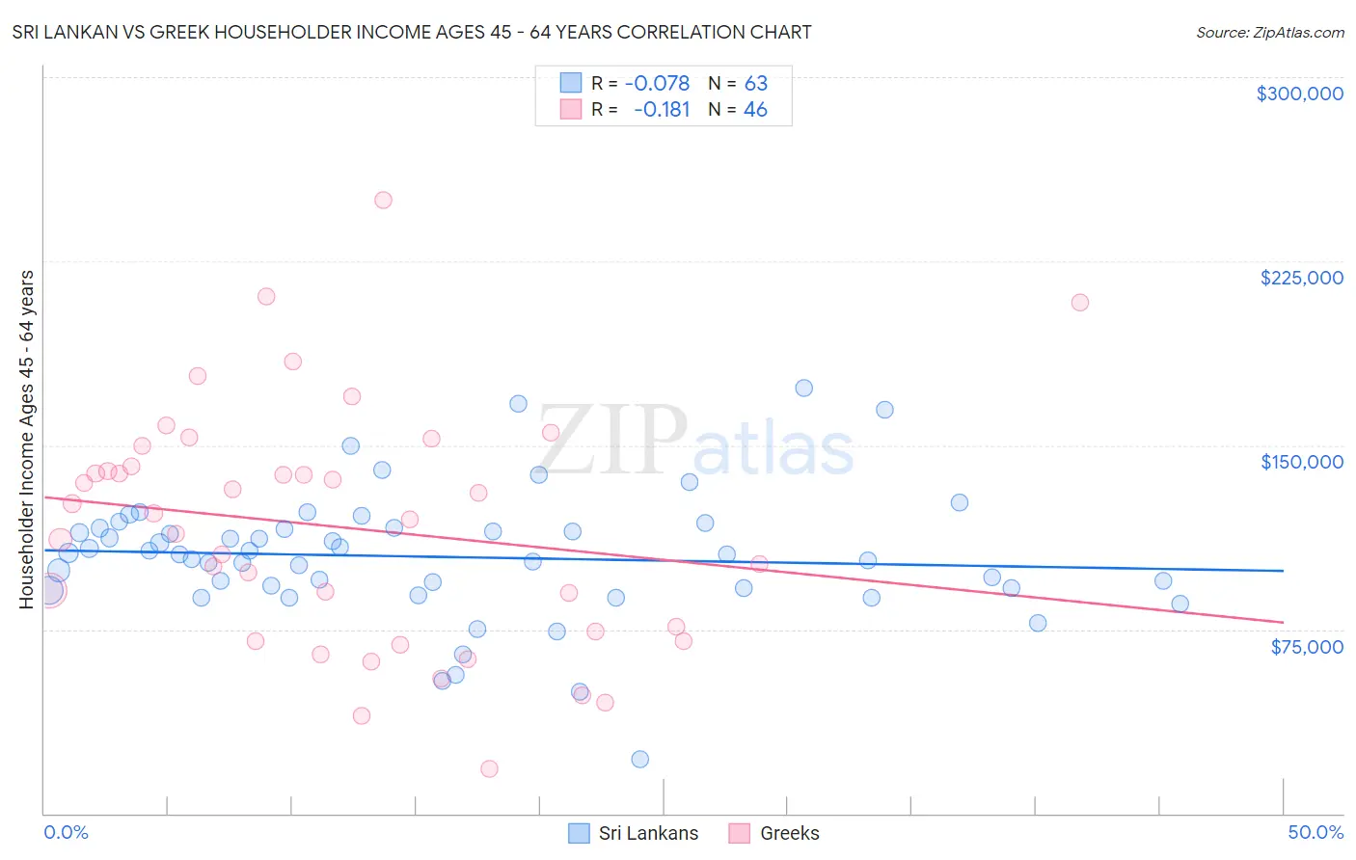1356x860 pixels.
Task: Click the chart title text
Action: (x=412, y=32)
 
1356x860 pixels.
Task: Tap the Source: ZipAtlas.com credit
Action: (x=1269, y=32)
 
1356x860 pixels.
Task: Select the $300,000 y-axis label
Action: (x=1299, y=94)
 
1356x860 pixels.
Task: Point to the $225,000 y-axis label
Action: (x=1301, y=278)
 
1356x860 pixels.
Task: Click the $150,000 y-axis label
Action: (x=1301, y=462)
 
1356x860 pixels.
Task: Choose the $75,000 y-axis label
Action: (x=1306, y=647)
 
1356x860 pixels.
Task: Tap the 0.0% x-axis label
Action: (x=66, y=832)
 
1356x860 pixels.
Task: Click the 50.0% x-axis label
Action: (x=1315, y=832)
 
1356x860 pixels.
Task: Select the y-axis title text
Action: (x=26, y=440)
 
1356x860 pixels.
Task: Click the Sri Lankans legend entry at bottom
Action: (x=634, y=833)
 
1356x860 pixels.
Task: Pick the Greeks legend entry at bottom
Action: (x=774, y=833)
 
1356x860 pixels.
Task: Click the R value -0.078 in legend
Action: (x=657, y=83)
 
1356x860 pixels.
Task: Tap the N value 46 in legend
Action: (x=755, y=110)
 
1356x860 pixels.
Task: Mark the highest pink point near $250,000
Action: (x=383, y=201)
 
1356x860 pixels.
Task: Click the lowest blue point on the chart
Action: (x=639, y=760)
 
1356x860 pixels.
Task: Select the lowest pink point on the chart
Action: (x=489, y=768)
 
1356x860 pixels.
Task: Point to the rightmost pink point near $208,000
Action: (x=1080, y=303)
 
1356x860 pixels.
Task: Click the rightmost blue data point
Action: (x=1180, y=605)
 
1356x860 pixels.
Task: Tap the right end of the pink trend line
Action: (x=1283, y=622)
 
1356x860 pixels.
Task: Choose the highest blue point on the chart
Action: (x=803, y=389)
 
